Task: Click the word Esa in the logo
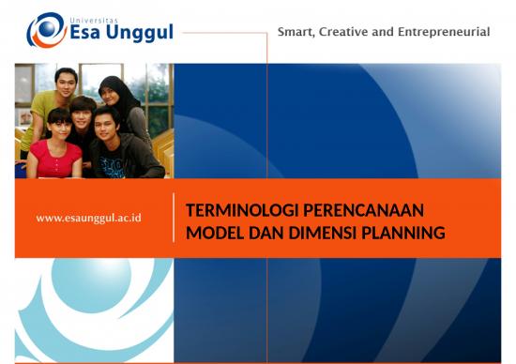(90, 34)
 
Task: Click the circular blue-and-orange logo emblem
(45, 30)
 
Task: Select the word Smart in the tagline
(296, 32)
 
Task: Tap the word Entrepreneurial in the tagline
(445, 32)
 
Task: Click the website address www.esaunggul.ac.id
(88, 218)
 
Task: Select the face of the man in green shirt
(65, 82)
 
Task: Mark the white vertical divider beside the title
(174, 219)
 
